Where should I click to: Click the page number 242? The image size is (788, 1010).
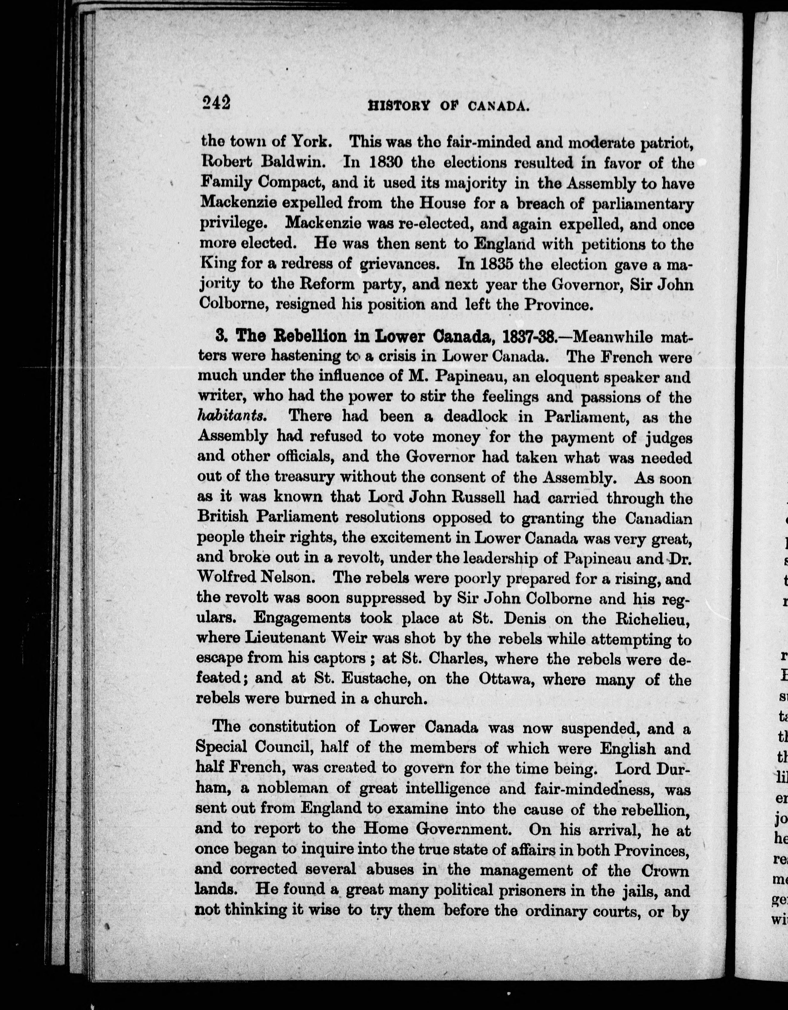(216, 103)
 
